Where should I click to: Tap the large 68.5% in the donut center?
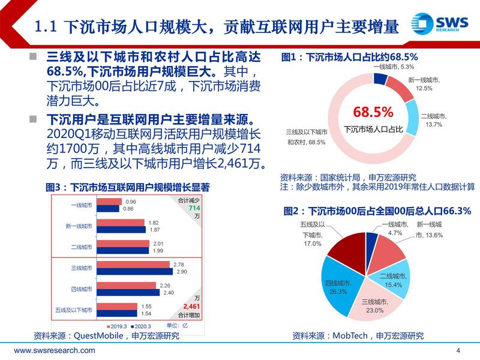coord(373,112)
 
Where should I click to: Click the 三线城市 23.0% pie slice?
coord(375,303)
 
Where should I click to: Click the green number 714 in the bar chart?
coord(194,208)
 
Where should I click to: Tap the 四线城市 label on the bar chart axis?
coord(81,289)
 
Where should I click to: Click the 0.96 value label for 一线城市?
coord(131,202)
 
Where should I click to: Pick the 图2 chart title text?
coord(376,211)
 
